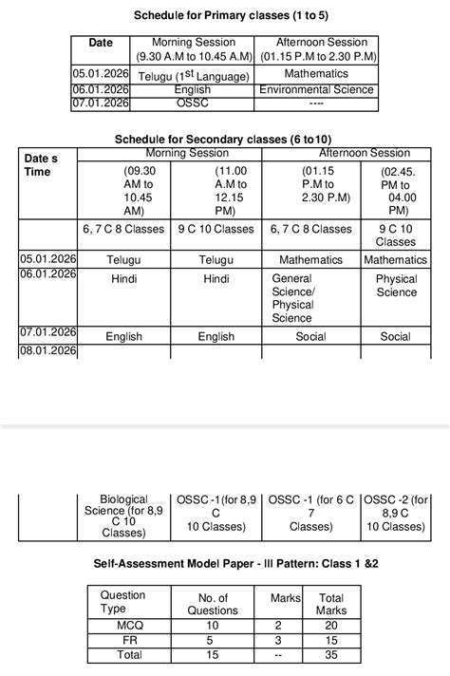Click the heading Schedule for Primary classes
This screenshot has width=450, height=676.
click(225, 15)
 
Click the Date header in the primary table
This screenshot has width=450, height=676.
click(101, 43)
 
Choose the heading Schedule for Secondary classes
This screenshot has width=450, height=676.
click(224, 139)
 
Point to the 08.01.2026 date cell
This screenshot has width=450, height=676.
click(47, 351)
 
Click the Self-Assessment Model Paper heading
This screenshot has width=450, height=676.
click(224, 563)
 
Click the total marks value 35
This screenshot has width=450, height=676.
click(330, 655)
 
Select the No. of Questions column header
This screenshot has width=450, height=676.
click(213, 604)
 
